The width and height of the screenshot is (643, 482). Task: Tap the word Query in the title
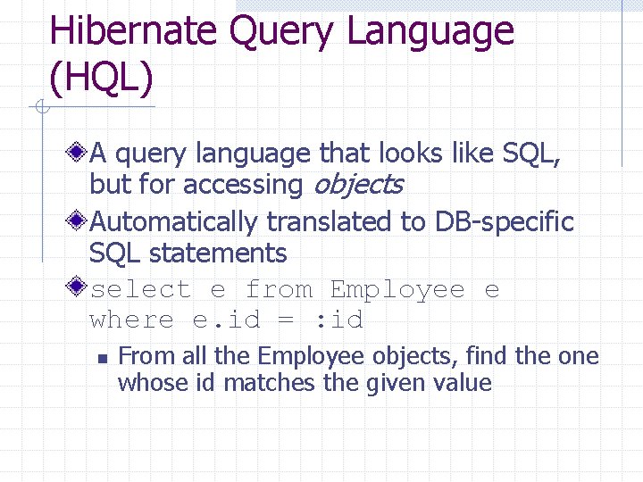[284, 32]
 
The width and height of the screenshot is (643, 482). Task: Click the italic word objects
[356, 186]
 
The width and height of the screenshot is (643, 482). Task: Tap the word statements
[218, 253]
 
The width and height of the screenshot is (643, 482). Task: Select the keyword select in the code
[141, 290]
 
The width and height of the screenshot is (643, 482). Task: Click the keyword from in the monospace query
[279, 290]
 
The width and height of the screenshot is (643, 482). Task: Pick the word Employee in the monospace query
[397, 290]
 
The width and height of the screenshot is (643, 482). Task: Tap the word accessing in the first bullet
[242, 186]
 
